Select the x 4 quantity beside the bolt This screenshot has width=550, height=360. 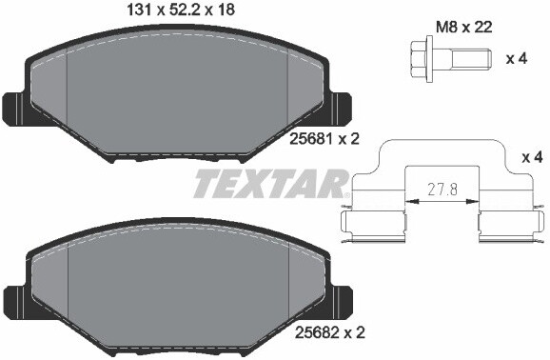[x=517, y=59]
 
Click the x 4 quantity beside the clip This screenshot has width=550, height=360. [x=534, y=155]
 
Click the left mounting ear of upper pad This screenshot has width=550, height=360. [x=16, y=108]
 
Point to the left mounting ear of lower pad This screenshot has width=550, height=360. [x=16, y=298]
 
